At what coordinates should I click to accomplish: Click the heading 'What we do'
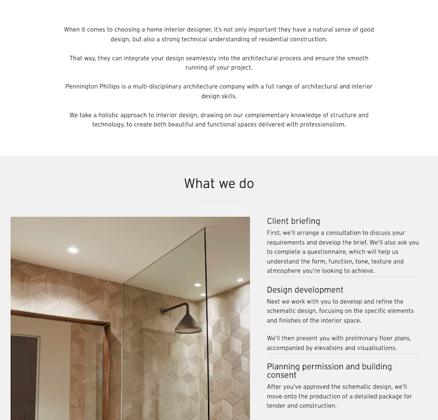pyautogui.click(x=219, y=183)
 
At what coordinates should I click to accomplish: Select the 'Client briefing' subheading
pyautogui.click(x=293, y=221)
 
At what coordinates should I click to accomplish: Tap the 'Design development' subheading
pyautogui.click(x=305, y=290)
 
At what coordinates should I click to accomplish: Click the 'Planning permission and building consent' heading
pyautogui.click(x=329, y=371)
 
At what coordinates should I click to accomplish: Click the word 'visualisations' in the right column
pyautogui.click(x=377, y=348)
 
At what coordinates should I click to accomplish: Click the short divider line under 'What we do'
pyautogui.click(x=219, y=201)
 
